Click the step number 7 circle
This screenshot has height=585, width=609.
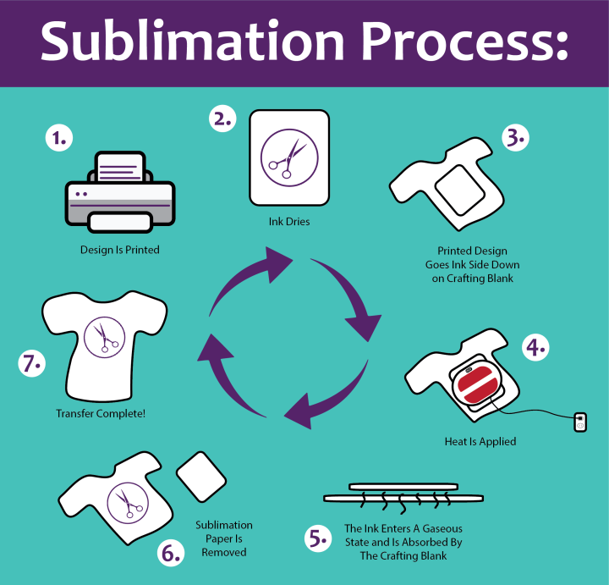click(30, 366)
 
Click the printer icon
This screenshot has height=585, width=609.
click(120, 192)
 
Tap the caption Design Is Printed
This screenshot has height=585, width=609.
click(120, 250)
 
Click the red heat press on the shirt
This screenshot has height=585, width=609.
click(480, 389)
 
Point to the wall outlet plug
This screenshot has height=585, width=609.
click(579, 421)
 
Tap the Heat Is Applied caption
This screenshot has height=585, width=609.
click(480, 442)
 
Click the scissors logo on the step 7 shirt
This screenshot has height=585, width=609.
click(105, 335)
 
